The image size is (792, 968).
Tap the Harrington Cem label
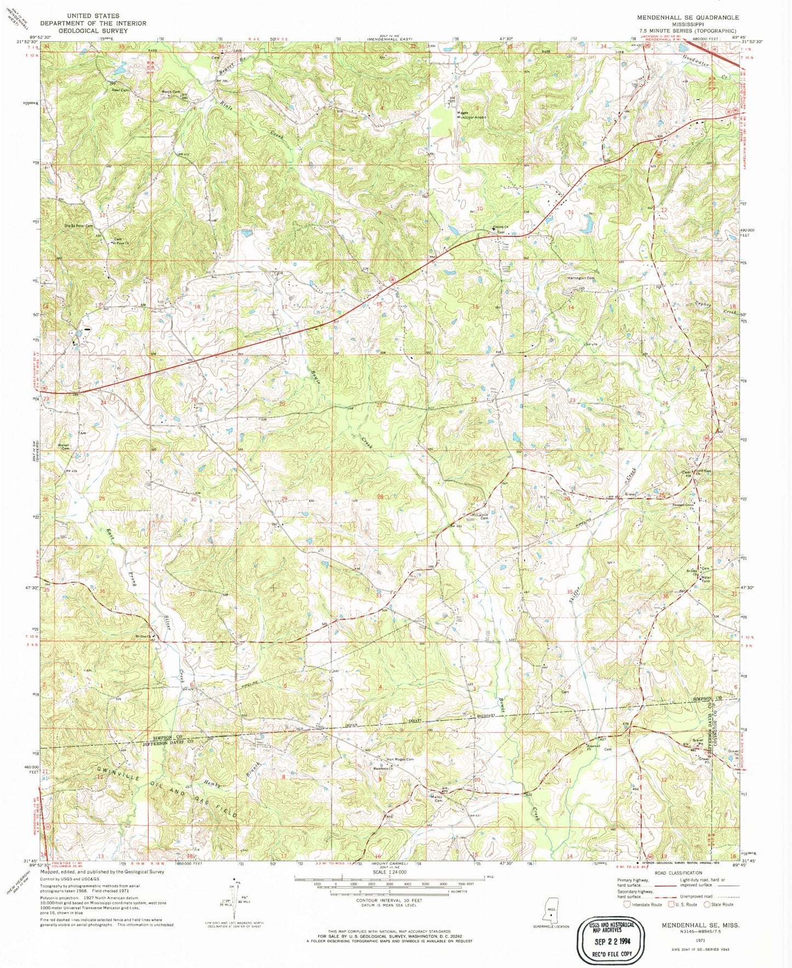coord(580,278)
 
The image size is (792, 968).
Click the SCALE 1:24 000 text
coord(389,872)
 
